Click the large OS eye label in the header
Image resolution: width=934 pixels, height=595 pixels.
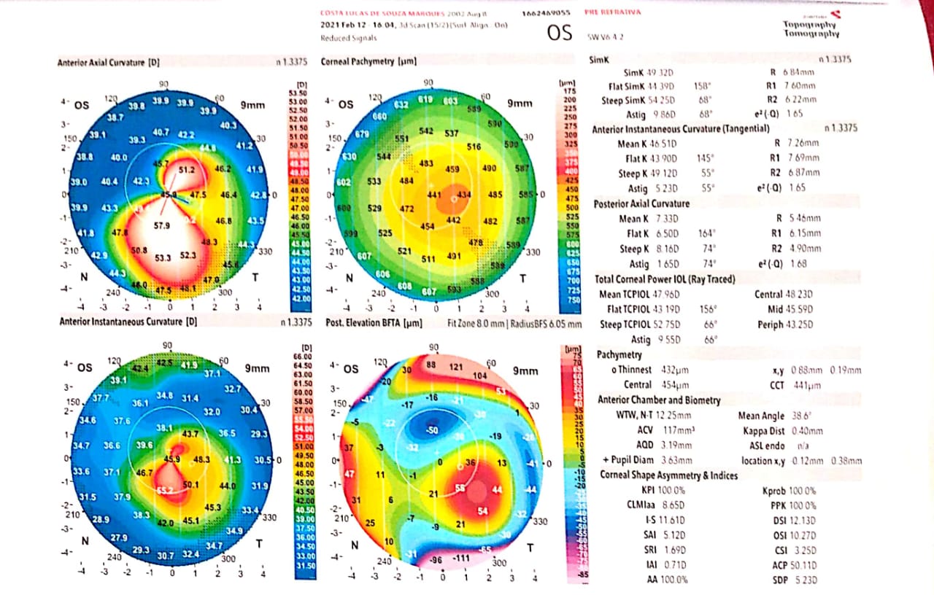(560, 33)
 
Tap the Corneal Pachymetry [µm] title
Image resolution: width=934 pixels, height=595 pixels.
(368, 63)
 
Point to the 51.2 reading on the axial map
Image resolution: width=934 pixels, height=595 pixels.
(187, 170)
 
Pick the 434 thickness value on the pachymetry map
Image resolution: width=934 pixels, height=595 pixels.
(464, 195)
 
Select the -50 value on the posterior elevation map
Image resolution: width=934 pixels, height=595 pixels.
(432, 430)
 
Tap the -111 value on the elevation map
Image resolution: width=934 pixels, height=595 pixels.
(461, 559)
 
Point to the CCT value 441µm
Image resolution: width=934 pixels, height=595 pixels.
(806, 385)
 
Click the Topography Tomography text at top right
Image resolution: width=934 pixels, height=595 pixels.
(811, 29)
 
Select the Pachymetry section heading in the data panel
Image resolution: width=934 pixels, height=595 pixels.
(620, 355)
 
